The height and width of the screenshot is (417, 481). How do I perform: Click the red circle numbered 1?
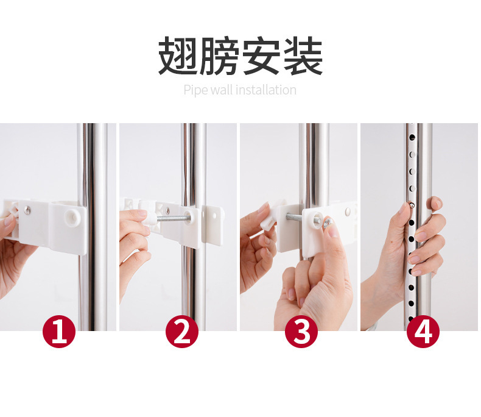59,332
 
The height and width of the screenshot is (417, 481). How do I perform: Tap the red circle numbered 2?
182,332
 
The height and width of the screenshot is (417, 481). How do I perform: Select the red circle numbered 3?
301,332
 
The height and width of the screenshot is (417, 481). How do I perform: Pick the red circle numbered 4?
423,332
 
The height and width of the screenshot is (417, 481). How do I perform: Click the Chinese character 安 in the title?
261,55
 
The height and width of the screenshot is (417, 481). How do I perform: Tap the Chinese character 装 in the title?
303,55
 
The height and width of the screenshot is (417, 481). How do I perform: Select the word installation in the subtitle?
266,90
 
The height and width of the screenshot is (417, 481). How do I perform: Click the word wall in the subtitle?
222,90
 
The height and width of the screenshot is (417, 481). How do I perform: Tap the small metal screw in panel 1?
27,210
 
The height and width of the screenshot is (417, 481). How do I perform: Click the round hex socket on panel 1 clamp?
72,216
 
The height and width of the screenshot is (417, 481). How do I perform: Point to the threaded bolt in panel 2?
172,218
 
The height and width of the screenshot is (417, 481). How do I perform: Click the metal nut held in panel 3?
328,221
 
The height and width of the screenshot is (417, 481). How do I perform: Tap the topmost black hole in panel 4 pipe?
412,137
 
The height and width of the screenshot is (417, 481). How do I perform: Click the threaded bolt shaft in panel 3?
295,218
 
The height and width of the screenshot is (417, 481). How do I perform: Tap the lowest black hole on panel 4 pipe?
411,319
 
